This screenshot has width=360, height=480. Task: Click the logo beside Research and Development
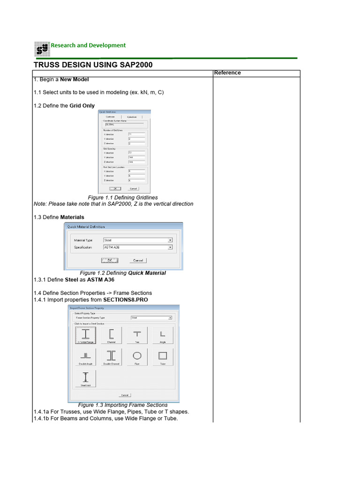tap(41, 49)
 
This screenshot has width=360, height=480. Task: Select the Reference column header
tap(227, 73)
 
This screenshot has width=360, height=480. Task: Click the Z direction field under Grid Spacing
tap(136, 161)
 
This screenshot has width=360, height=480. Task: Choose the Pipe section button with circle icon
tap(137, 357)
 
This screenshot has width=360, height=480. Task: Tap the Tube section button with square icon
tap(163, 357)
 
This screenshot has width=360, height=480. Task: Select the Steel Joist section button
tap(85, 378)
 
